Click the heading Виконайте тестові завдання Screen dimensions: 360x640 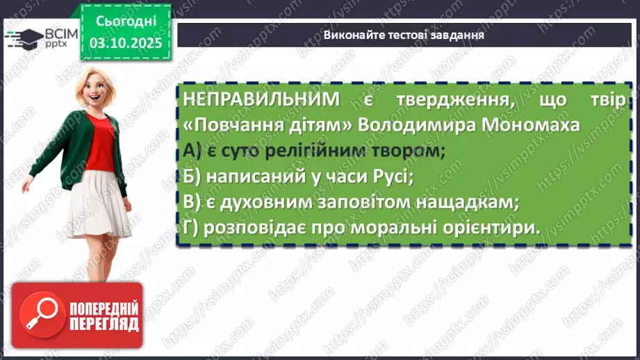point(404,35)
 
